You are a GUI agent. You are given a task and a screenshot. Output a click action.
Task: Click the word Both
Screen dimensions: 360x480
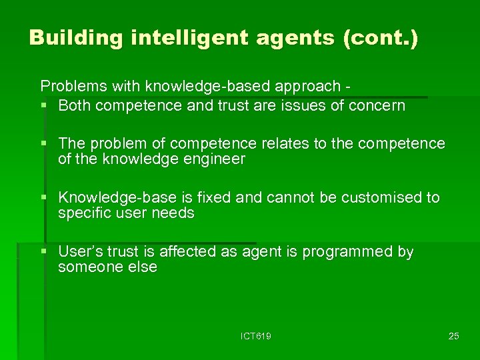pos(74,105)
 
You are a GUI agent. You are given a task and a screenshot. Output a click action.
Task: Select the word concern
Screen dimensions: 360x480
pos(379,105)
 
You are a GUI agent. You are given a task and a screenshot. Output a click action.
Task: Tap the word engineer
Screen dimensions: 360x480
pos(212,159)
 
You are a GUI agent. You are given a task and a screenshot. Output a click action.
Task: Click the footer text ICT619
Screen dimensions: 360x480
pos(256,336)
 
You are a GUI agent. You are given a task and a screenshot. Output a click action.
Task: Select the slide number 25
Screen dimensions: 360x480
pos(453,336)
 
